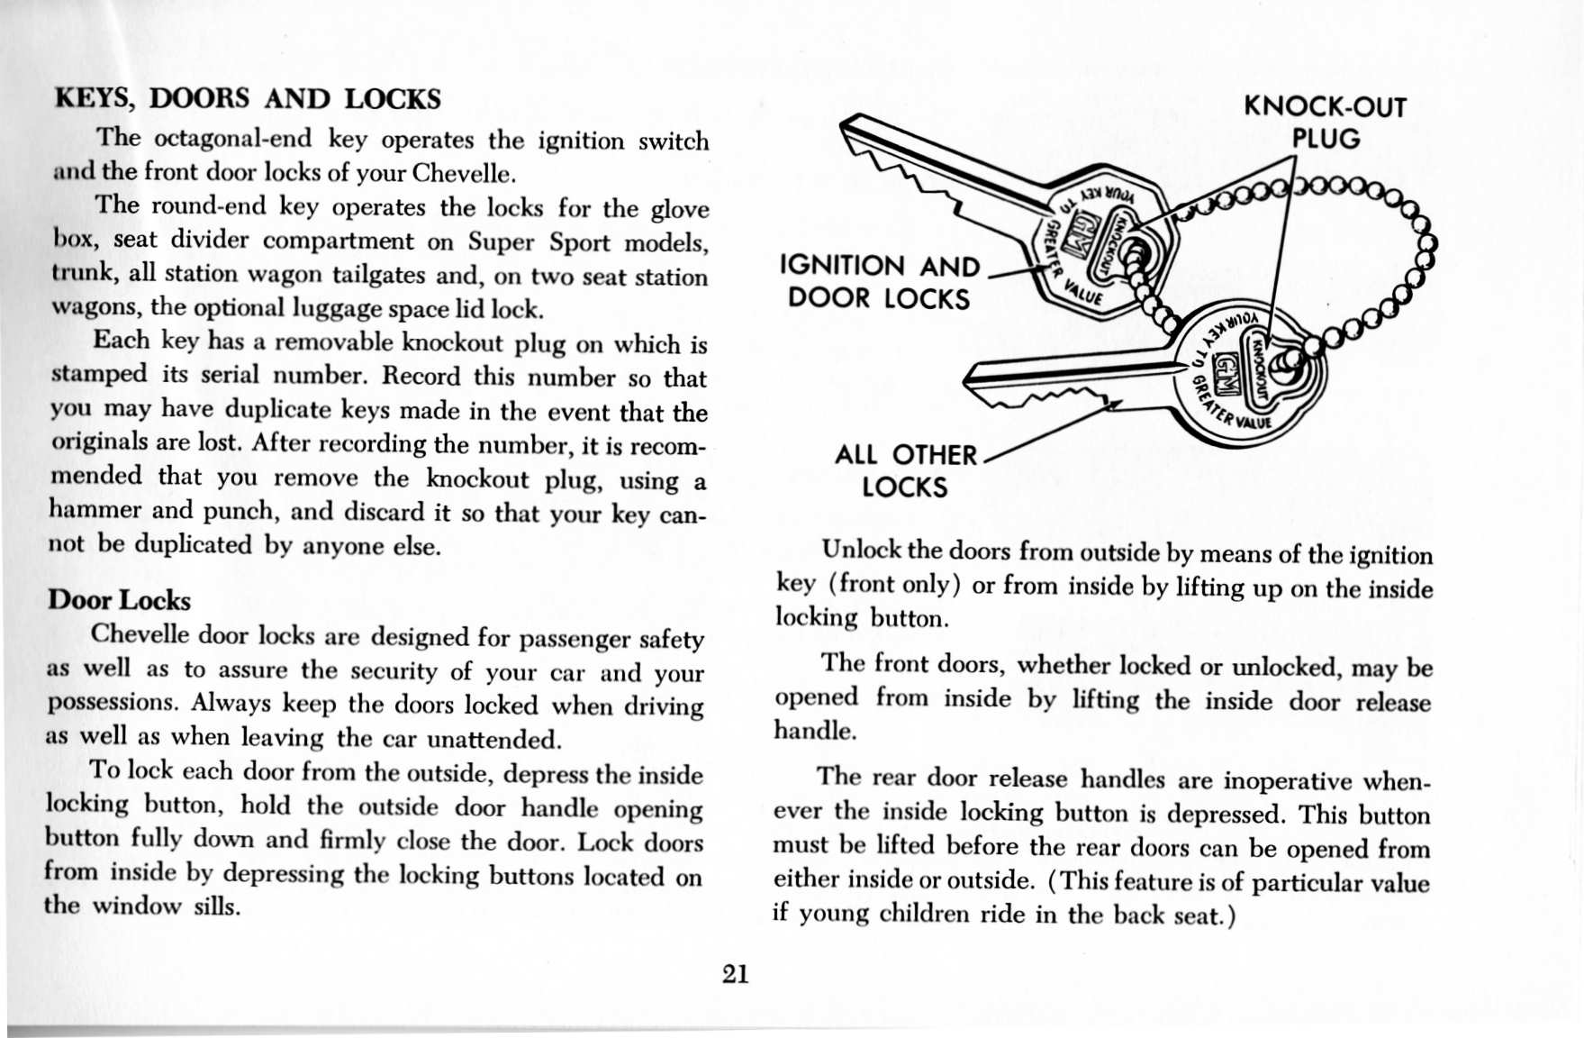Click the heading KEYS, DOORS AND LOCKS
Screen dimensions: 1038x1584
[x=248, y=98]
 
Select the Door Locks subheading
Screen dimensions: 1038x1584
[x=119, y=600]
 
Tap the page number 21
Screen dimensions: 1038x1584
[x=735, y=974]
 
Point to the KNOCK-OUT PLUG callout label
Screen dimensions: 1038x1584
[x=1325, y=123]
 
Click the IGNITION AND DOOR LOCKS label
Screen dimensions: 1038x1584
[x=879, y=282]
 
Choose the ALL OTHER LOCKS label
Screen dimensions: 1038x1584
[x=904, y=470]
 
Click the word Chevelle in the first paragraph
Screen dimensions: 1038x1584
[x=461, y=172]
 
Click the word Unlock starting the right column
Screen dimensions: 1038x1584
[x=862, y=550]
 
